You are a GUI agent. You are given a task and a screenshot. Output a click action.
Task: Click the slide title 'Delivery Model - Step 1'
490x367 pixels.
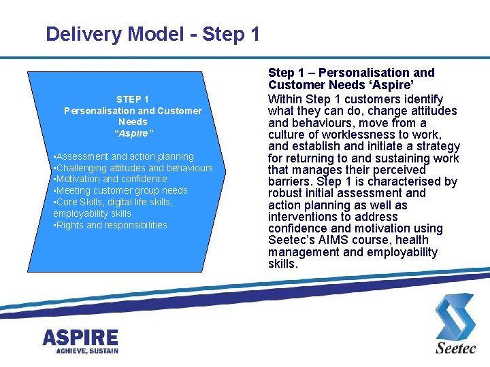pos(152,34)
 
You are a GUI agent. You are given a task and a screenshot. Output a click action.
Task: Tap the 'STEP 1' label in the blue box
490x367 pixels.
pos(133,99)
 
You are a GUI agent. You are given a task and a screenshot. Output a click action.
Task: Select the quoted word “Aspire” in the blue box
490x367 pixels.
pos(133,133)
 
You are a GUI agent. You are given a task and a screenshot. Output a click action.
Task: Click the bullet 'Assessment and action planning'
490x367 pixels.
pos(124,156)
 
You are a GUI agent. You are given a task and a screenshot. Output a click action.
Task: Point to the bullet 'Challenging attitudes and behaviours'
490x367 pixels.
pos(133,168)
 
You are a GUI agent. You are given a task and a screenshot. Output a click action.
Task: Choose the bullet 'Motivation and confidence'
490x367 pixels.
pos(110,179)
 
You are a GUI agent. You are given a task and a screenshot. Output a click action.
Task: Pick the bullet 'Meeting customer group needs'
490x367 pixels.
pos(120,190)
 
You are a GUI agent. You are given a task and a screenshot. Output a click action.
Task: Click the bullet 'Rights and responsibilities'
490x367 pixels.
pos(110,225)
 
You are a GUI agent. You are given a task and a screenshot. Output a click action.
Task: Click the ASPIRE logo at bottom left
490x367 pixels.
pos(80,337)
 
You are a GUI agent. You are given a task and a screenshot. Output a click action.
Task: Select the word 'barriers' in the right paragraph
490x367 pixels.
pos(290,181)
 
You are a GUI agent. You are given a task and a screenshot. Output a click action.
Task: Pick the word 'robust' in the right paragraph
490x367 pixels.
pos(285,194)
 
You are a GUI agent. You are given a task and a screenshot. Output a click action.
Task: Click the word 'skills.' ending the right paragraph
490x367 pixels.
pos(283,264)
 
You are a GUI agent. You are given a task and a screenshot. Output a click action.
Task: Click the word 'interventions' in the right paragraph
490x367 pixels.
pos(303,217)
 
